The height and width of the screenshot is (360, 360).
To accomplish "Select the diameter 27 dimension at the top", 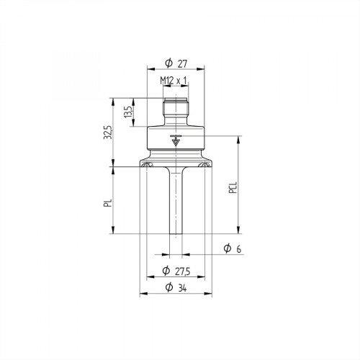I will coord(176,61).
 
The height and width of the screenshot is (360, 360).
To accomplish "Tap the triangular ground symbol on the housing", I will coord(176,140).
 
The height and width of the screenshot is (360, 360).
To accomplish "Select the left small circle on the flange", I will coord(147,167).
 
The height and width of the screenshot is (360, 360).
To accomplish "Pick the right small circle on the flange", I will coord(204,167).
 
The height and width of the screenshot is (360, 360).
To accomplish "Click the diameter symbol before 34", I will coord(168,289).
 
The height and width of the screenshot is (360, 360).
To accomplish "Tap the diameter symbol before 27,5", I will coord(166,271).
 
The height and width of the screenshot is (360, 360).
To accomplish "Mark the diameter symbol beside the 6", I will coord(226,248).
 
